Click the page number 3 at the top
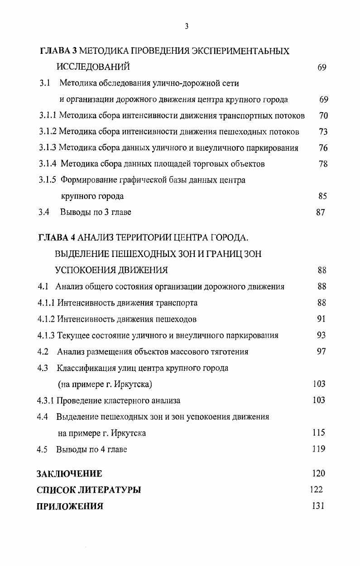[x=187, y=26]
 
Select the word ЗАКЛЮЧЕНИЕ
[x=69, y=474]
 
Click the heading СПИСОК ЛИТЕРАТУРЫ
[x=89, y=490]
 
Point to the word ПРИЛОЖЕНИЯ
[x=70, y=506]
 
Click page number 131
[x=318, y=506]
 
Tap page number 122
[x=316, y=490]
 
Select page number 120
[x=319, y=474]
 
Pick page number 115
[x=319, y=433]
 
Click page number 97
[x=321, y=352]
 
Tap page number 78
[x=323, y=164]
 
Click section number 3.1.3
[x=48, y=148]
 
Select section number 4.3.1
[x=46, y=400]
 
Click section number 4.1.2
[x=46, y=319]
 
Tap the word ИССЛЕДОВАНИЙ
[x=93, y=67]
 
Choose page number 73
[x=323, y=132]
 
